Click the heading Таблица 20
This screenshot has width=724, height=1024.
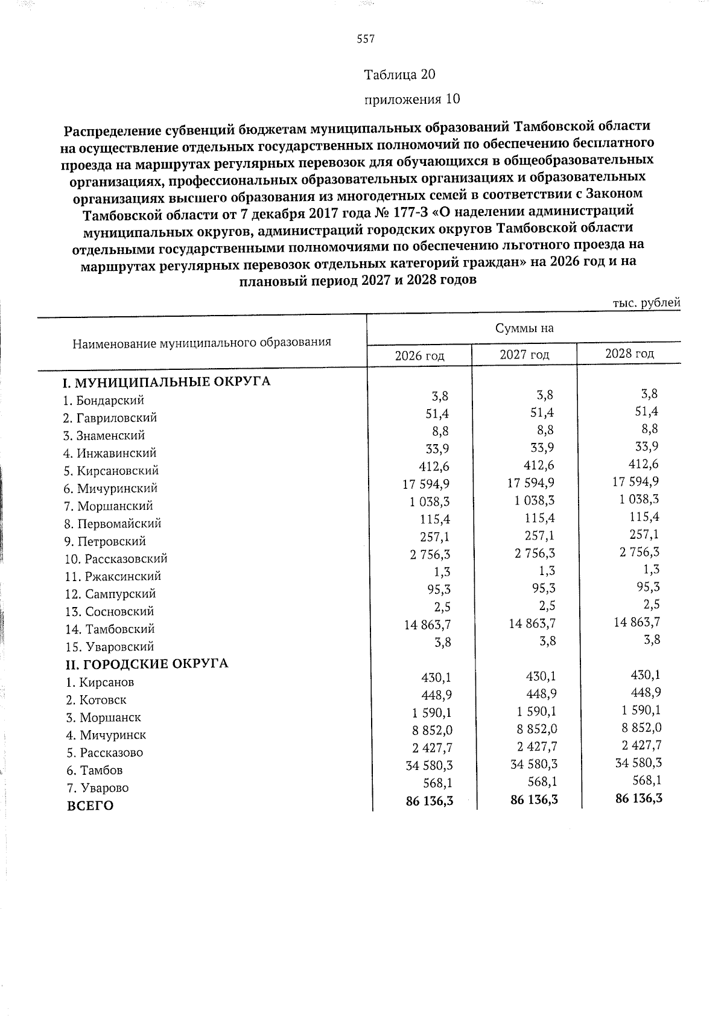pos(399,75)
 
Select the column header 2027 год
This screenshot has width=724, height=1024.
pos(524,354)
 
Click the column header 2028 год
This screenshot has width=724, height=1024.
pos(629,353)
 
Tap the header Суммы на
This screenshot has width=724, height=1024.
pos(524,328)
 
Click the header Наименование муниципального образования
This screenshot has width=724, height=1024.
pos(202,343)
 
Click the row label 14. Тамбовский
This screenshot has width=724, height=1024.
pos(110,629)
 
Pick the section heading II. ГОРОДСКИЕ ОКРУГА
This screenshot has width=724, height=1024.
pos(147,664)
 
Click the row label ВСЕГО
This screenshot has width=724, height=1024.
pos(90,806)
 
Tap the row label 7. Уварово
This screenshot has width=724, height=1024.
pos(97,788)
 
